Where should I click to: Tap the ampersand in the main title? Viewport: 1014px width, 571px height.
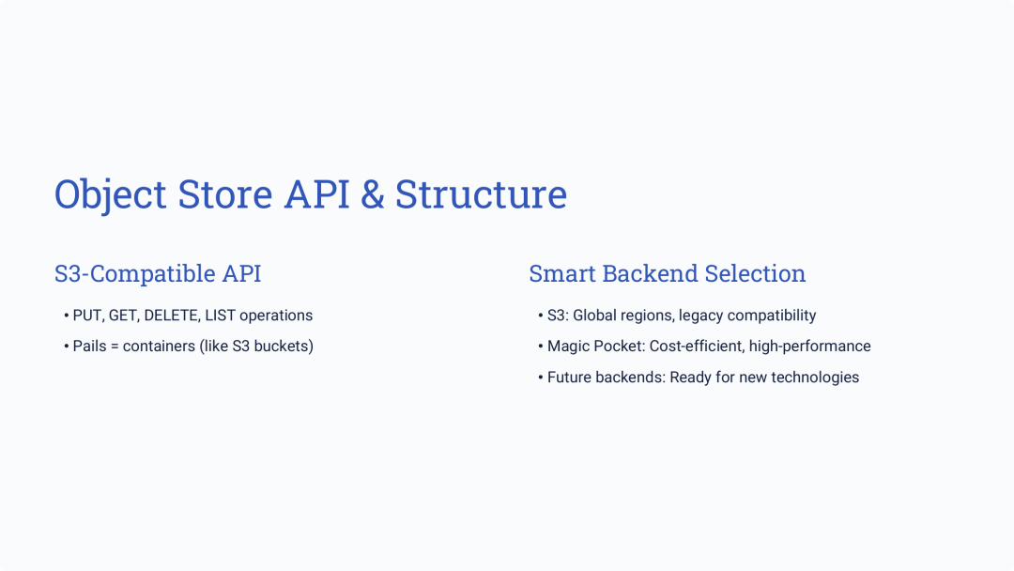click(x=372, y=194)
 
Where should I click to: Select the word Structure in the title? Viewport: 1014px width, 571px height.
click(x=481, y=194)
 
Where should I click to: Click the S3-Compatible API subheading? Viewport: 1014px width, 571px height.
click(x=158, y=273)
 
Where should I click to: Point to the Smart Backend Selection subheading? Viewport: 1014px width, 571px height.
click(x=667, y=273)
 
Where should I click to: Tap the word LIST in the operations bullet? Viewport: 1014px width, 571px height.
click(x=220, y=316)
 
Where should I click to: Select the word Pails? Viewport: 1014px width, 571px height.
click(x=89, y=347)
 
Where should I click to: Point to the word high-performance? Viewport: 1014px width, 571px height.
click(x=809, y=347)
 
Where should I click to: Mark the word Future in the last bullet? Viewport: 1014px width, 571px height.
click(x=570, y=378)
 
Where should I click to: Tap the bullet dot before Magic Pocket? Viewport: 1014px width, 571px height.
click(x=541, y=347)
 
